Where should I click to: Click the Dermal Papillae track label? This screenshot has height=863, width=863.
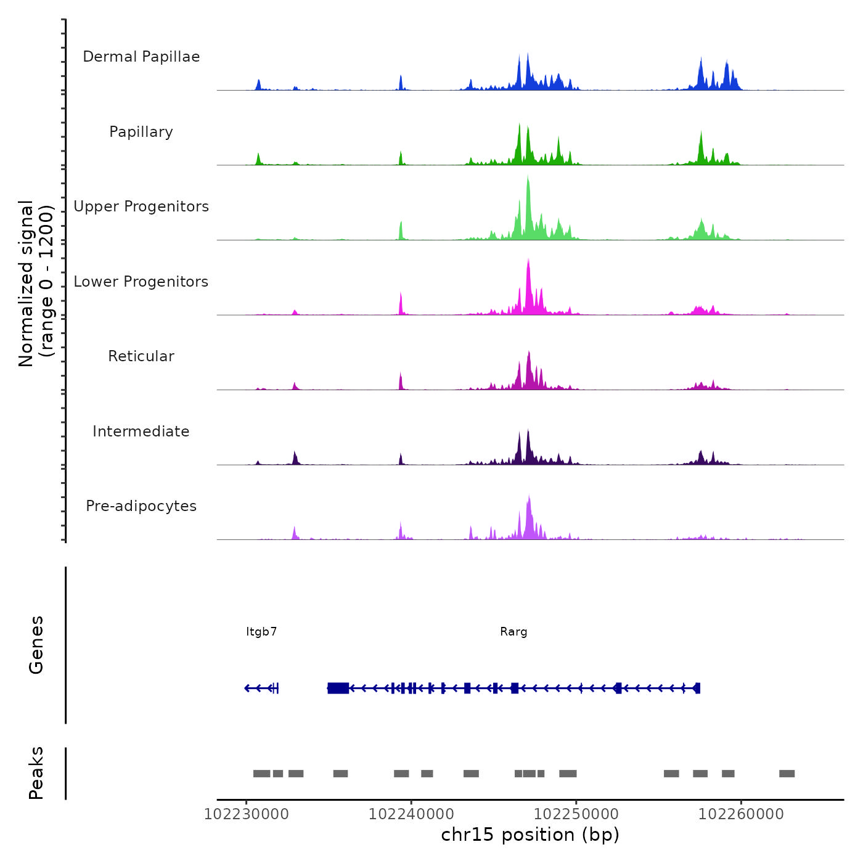(x=141, y=57)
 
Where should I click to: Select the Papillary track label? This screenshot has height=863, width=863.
(x=141, y=132)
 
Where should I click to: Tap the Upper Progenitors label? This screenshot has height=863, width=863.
(x=141, y=207)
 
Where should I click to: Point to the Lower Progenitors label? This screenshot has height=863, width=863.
(x=141, y=282)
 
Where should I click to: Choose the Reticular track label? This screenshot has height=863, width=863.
(x=141, y=356)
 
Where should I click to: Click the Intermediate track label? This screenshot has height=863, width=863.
(x=141, y=431)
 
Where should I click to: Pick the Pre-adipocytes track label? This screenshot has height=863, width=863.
(x=141, y=506)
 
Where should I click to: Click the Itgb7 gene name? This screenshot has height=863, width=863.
(x=261, y=632)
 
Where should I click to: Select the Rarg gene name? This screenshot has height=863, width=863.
(x=513, y=632)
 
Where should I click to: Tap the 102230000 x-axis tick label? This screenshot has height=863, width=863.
(x=246, y=814)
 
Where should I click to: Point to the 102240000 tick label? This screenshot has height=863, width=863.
(x=411, y=814)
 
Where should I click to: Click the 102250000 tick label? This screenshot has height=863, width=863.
(x=576, y=814)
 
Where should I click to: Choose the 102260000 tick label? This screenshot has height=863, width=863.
(x=741, y=814)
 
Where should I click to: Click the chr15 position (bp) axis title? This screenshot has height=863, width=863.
(x=530, y=835)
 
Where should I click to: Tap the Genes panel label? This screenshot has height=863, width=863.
(x=36, y=645)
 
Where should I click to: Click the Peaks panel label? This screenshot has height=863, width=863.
(x=36, y=773)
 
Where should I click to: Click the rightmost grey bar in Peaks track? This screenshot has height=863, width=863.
(x=787, y=774)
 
